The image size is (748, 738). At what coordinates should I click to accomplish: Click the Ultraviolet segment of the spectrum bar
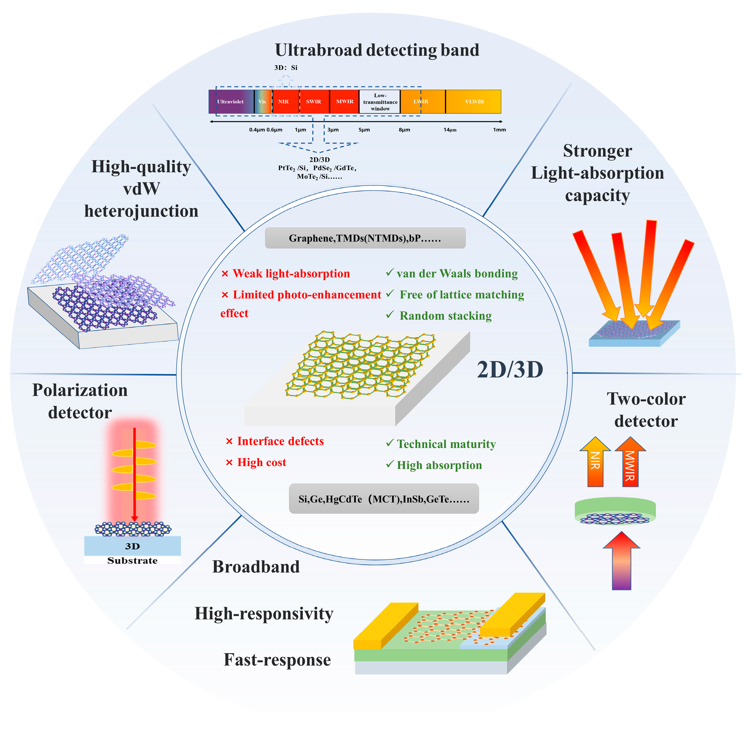point(231,102)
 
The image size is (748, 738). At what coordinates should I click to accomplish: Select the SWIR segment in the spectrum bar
point(314,102)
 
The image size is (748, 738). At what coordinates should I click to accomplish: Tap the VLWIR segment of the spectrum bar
point(474,102)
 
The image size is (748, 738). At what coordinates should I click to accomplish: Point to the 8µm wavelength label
point(404,130)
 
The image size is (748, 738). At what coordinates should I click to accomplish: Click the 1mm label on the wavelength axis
point(499,130)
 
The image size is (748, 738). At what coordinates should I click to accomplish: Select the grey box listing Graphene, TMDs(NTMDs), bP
point(365,238)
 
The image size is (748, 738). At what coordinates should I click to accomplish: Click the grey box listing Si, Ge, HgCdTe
point(384,498)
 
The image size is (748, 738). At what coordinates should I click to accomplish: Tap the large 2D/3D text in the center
point(510,370)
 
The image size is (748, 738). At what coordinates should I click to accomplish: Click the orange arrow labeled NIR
point(595,462)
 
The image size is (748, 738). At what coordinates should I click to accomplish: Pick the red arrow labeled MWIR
point(630,462)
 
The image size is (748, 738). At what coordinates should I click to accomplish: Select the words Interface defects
point(280,441)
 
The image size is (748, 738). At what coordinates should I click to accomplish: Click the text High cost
point(261,462)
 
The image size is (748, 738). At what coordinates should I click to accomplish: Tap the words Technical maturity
point(446,444)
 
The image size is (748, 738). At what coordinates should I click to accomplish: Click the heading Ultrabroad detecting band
point(377,50)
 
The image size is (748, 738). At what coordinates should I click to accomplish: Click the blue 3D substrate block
point(132,546)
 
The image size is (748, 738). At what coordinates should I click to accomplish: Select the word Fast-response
point(277,660)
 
